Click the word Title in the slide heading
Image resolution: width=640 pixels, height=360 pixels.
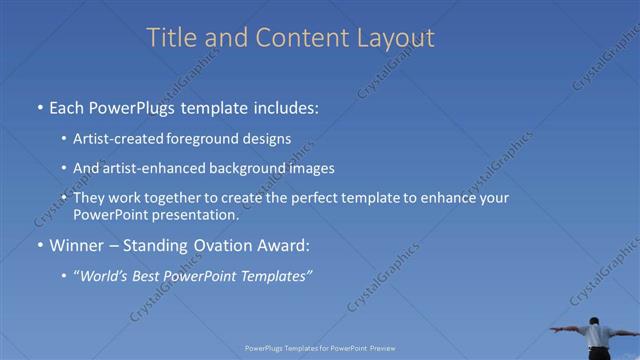[x=172, y=38]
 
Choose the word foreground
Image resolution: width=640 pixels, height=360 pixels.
[x=200, y=139]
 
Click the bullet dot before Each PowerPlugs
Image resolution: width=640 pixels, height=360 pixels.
[x=39, y=106]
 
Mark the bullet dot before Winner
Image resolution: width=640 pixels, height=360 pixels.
[x=39, y=246]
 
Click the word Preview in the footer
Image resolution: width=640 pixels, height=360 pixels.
[x=383, y=348]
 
